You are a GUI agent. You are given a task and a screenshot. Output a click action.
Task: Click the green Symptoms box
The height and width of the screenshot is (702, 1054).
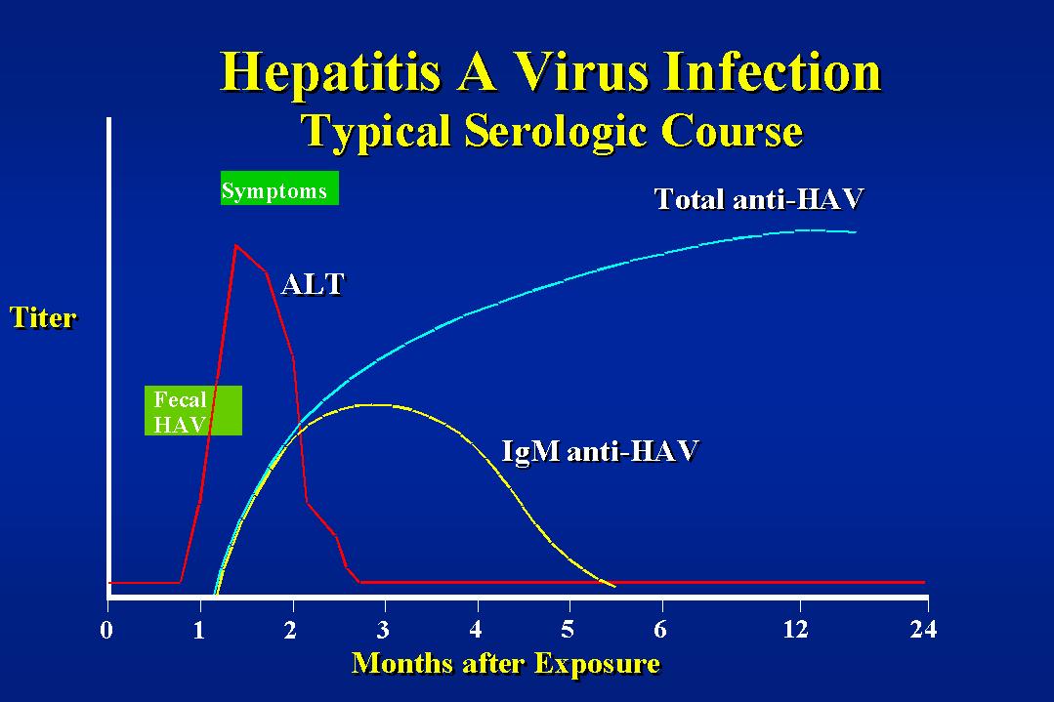pyautogui.click(x=279, y=188)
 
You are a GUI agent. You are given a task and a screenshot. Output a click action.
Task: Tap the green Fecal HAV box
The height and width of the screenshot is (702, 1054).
pyautogui.click(x=192, y=410)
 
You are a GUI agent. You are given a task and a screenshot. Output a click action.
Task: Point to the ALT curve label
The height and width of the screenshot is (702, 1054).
pyautogui.click(x=314, y=284)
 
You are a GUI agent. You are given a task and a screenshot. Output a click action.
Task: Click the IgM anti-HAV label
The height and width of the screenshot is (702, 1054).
pyautogui.click(x=601, y=451)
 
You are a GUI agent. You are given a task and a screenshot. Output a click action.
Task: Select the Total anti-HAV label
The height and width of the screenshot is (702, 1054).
pyautogui.click(x=759, y=199)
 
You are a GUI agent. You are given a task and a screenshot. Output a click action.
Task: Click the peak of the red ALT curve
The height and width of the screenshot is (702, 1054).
pyautogui.click(x=236, y=246)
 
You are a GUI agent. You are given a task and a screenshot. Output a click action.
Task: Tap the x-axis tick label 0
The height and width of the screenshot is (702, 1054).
pyautogui.click(x=106, y=630)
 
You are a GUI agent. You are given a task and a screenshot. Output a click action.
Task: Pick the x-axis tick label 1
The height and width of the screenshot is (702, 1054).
pyautogui.click(x=199, y=630)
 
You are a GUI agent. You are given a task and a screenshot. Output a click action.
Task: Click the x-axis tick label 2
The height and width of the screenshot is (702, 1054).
pyautogui.click(x=290, y=630)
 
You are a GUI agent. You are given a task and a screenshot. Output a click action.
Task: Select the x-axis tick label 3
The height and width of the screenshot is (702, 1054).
pyautogui.click(x=383, y=630)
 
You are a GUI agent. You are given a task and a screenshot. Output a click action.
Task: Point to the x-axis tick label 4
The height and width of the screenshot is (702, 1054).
pyautogui.click(x=476, y=630)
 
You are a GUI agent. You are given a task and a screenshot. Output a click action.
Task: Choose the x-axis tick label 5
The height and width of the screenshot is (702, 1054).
pyautogui.click(x=568, y=630)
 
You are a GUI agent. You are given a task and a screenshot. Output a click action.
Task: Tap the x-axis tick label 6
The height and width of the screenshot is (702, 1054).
pyautogui.click(x=660, y=630)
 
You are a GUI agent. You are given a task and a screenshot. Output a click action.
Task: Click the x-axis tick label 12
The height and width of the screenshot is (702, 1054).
pyautogui.click(x=796, y=630)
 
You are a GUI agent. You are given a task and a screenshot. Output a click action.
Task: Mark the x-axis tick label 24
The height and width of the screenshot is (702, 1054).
pyautogui.click(x=924, y=630)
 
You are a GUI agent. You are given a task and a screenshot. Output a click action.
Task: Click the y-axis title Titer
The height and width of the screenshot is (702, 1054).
pyautogui.click(x=43, y=317)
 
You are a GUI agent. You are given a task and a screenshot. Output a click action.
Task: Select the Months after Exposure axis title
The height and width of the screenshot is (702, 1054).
pyautogui.click(x=506, y=664)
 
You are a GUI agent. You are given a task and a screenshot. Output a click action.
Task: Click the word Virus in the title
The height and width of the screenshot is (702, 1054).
pyautogui.click(x=582, y=72)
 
